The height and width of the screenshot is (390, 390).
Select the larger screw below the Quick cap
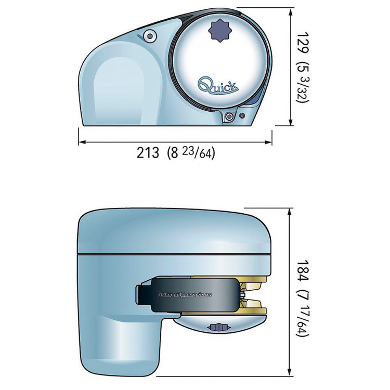[229, 117]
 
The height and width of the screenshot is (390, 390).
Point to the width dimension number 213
[148, 153]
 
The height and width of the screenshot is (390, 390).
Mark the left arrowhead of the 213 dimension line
[81, 141]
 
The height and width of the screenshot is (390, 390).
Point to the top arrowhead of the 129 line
[289, 10]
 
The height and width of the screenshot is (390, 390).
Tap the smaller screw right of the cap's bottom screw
[241, 115]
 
